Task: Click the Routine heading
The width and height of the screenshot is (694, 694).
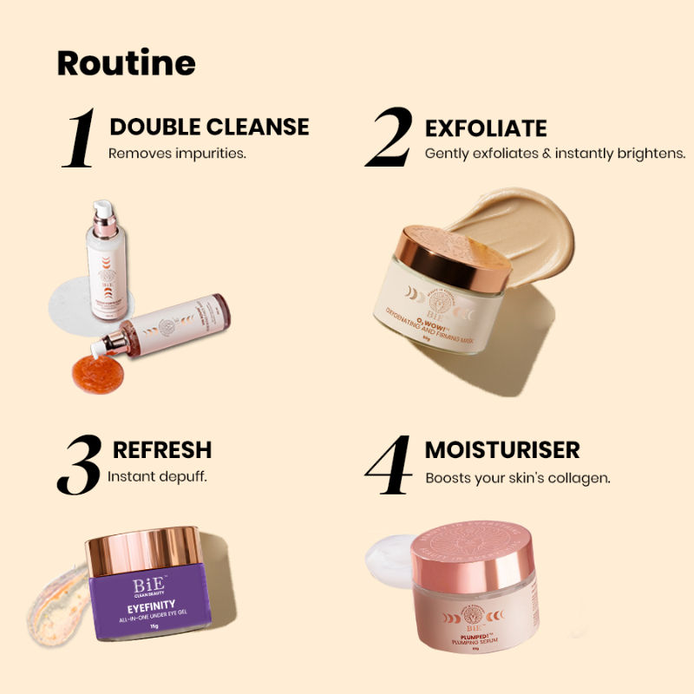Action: pos(127,63)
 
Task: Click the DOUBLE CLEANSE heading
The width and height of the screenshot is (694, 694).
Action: pos(209,127)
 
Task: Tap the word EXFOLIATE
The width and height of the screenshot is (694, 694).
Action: pos(486,129)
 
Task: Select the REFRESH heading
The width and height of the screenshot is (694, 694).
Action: pos(162,450)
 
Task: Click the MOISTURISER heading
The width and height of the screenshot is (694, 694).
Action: pos(502,450)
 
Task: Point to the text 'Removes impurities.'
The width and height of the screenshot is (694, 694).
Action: pos(178,153)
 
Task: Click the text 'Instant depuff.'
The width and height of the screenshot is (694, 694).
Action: pos(157,476)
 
